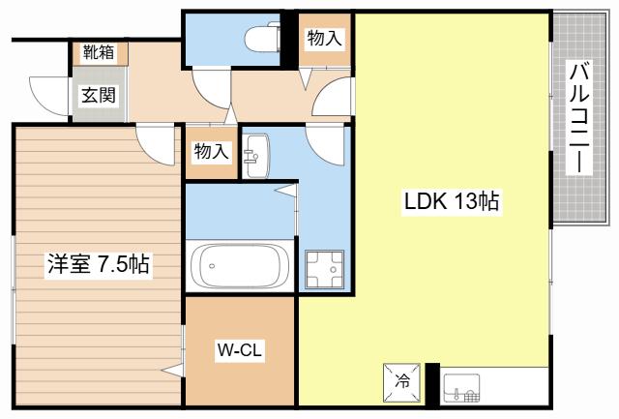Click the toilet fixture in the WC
[262, 37]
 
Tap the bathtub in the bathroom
[240, 266]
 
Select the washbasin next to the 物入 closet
[255, 156]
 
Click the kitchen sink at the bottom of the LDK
[461, 387]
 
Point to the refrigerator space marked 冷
[402, 382]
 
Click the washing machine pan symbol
[325, 269]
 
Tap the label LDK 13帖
[452, 201]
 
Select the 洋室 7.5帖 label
[99, 264]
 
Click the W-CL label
[240, 349]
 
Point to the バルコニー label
[579, 117]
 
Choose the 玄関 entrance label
[99, 95]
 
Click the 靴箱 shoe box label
[99, 51]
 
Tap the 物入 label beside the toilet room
[325, 39]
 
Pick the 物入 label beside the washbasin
[212, 151]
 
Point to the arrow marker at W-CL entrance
[172, 371]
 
